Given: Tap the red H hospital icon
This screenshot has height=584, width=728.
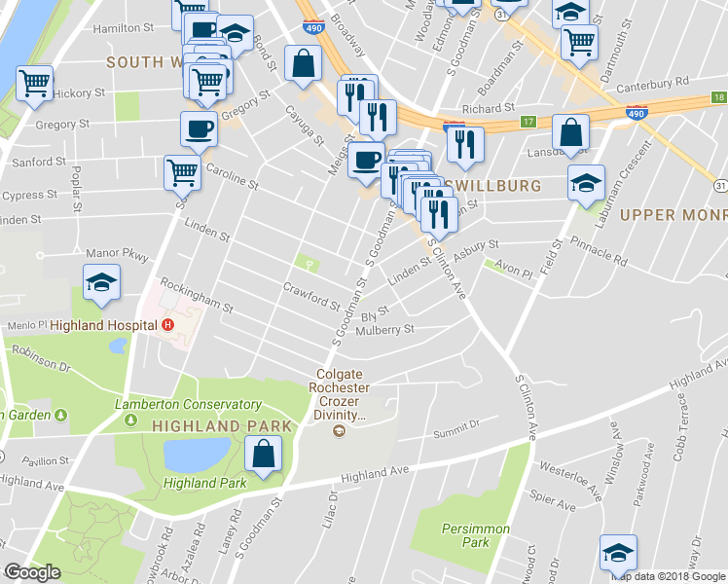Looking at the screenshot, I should (168, 325).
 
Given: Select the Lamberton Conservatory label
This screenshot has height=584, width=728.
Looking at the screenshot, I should (188, 404).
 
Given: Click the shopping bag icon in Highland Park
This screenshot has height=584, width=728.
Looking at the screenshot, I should (264, 455).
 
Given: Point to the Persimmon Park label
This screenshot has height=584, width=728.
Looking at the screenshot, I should (463, 535).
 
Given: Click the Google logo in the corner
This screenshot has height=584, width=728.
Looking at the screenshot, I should (32, 572).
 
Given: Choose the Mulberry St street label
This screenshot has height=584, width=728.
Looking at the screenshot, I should (387, 329).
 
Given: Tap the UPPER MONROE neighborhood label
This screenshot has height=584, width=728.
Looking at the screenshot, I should (673, 214).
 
